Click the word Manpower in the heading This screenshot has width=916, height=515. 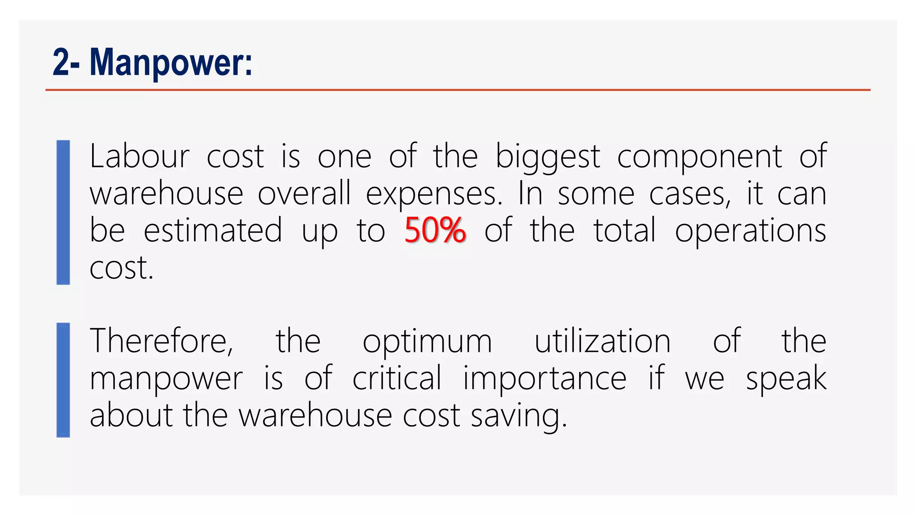(x=171, y=63)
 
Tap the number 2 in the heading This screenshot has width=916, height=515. (x=61, y=63)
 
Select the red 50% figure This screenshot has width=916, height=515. (x=435, y=231)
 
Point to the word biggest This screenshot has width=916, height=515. (x=547, y=157)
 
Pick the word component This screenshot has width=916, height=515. (x=700, y=157)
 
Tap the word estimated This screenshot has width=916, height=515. (x=213, y=231)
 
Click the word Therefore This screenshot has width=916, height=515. (x=161, y=341)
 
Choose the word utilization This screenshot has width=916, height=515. (x=602, y=341)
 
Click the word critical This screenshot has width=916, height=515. (x=397, y=378)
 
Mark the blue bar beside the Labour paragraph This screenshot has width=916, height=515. (x=63, y=212)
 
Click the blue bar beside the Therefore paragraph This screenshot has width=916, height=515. (x=63, y=380)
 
